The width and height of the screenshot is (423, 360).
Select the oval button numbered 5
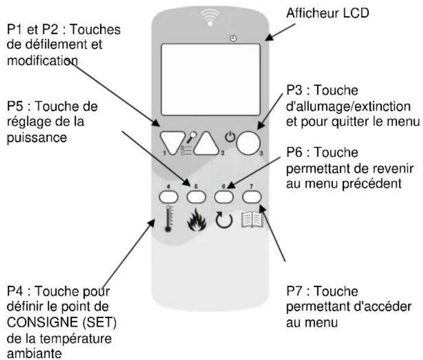click(196, 196)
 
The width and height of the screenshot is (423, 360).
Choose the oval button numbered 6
click(223, 196)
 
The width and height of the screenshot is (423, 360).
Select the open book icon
click(253, 221)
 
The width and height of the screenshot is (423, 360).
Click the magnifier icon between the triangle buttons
click(180, 136)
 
